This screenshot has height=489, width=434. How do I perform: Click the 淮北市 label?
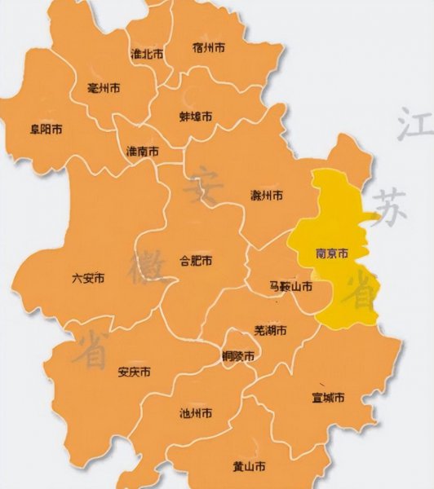(147, 54)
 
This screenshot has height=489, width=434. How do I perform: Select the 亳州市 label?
(104, 87)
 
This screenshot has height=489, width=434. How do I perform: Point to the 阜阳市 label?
(46, 129)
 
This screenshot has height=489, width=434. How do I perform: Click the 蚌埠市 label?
(196, 117)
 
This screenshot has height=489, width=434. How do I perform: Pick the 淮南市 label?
(143, 152)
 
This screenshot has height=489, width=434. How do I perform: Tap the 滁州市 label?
(267, 196)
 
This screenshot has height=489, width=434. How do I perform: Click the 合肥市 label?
(196, 262)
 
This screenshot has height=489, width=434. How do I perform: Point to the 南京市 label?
(331, 254)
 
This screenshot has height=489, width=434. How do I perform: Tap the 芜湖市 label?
(270, 331)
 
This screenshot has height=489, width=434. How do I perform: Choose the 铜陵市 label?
(238, 356)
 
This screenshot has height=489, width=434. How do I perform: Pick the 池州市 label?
(196, 414)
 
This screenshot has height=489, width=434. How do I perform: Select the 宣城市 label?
(328, 399)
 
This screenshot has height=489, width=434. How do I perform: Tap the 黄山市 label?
(249, 467)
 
